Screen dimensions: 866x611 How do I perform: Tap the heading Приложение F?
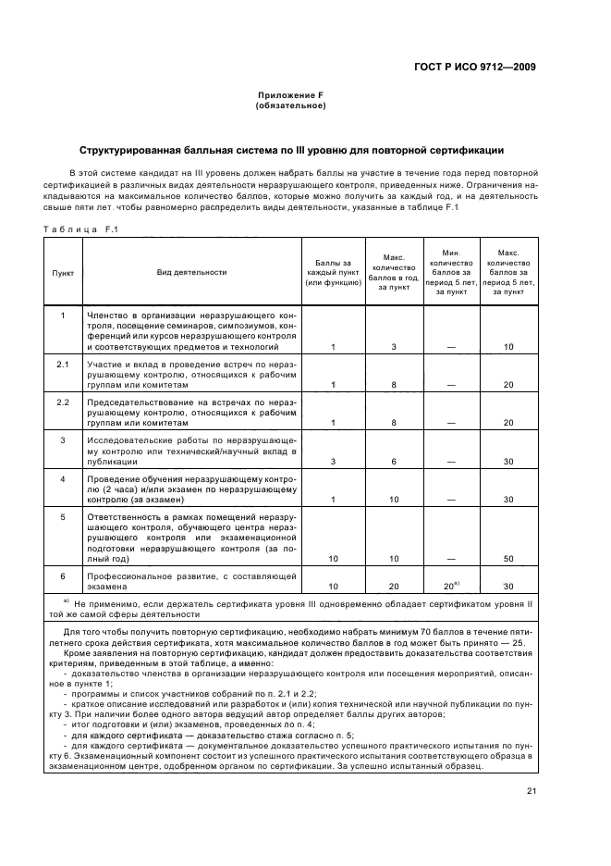tap(289, 96)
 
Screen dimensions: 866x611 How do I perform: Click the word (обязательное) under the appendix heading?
tap(289, 105)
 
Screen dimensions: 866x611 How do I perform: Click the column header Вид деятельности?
tap(191, 272)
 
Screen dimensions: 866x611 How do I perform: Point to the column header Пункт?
tap(62, 272)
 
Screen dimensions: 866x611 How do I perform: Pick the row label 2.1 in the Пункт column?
tap(62, 365)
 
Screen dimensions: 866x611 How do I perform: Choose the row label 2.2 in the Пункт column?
tap(62, 402)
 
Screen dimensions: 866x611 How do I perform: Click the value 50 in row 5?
tap(507, 559)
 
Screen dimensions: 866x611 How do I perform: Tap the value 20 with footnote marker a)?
tap(450, 586)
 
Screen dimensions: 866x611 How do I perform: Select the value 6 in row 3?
tap(393, 461)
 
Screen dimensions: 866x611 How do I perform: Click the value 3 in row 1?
tap(393, 346)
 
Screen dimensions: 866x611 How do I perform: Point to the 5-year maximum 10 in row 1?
tap(507, 346)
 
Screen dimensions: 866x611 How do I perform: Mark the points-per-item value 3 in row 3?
tap(333, 461)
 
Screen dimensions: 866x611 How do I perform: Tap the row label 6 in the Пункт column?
tap(62, 575)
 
